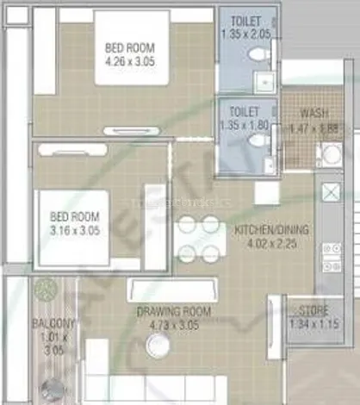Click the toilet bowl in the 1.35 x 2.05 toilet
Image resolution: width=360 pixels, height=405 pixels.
click(x=258, y=53)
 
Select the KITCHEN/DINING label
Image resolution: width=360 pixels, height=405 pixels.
click(x=272, y=229)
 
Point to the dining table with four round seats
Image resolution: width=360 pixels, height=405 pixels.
click(x=199, y=239)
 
